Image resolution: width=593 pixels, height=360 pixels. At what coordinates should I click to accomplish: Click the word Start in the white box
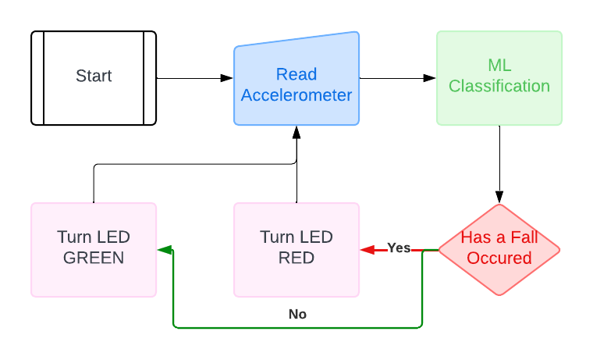[x=94, y=77]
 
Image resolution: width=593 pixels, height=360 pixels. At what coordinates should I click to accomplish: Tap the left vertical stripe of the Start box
[x=44, y=78]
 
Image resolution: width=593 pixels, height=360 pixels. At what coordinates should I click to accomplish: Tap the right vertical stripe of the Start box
[x=144, y=78]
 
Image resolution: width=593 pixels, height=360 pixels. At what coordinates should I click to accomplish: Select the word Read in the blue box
[x=296, y=75]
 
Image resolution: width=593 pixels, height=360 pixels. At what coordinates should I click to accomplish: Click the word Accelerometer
[x=296, y=96]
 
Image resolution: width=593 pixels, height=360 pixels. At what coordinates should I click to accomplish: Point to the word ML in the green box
[x=499, y=66]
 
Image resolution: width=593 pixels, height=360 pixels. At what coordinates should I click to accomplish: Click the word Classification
[x=499, y=87]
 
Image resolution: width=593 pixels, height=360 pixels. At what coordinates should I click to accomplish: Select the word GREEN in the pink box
[x=94, y=258]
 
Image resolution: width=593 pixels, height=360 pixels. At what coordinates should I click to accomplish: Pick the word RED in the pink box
[x=296, y=258]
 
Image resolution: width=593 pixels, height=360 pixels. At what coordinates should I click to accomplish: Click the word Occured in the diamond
[x=499, y=258]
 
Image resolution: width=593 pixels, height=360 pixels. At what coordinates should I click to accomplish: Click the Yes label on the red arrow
[x=399, y=248]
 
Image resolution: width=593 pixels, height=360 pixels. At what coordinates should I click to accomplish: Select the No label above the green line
[x=297, y=314]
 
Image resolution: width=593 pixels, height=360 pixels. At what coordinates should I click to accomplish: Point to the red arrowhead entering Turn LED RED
[x=366, y=250]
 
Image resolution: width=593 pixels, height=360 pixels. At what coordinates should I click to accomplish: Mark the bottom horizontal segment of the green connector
[x=296, y=327]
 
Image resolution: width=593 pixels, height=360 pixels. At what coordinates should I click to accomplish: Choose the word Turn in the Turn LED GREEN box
[x=74, y=237]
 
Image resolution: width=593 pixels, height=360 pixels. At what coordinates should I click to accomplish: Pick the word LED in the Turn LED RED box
[x=317, y=237]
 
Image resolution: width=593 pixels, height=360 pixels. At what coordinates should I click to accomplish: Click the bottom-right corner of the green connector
[x=421, y=326]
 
